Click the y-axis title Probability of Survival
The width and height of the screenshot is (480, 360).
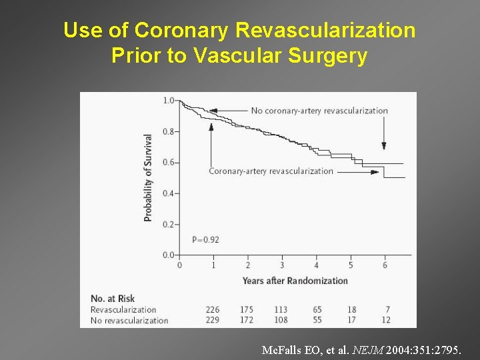148,177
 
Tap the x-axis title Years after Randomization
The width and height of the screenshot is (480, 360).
295,281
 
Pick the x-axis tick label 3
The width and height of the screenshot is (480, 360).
282,265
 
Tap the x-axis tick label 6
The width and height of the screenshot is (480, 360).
385,265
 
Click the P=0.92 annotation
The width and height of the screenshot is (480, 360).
205,239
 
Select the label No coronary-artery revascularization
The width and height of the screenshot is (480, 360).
319,111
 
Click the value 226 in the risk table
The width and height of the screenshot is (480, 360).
213,309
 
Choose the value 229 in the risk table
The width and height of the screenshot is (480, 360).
213,320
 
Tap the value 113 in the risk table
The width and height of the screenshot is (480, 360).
281,309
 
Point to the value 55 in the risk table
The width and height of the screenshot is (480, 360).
317,320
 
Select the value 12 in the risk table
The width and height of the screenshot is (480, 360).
385,320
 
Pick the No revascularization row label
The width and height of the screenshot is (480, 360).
129,320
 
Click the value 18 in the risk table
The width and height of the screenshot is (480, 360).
351,309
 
